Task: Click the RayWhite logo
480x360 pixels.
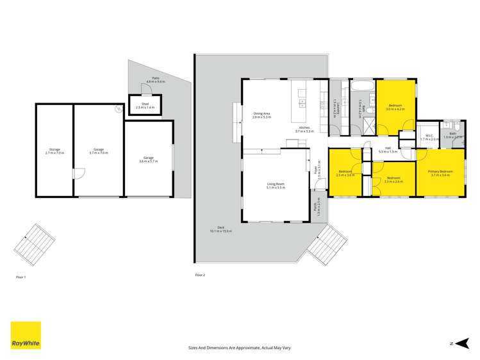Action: tap(26, 335)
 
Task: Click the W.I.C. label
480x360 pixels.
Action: tap(429, 137)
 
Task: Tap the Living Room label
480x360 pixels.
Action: tap(276, 186)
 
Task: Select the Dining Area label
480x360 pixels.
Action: tap(261, 115)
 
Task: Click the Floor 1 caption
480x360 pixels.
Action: tap(21, 276)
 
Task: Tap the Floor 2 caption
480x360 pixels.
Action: tap(200, 275)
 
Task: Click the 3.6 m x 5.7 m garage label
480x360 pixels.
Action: tap(148, 159)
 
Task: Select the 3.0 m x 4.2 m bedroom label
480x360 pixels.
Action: tap(395, 108)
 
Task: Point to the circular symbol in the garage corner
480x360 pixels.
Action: tap(118, 110)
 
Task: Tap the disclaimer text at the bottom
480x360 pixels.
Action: tap(240, 347)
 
